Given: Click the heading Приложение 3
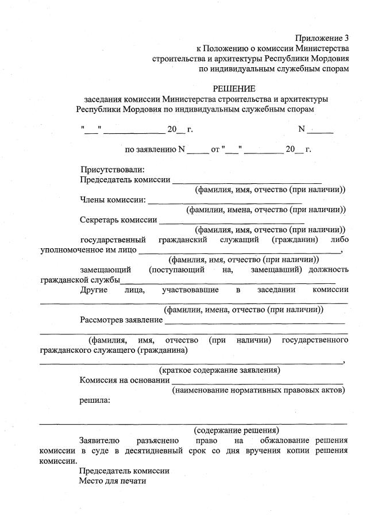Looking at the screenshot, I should [x=322, y=38].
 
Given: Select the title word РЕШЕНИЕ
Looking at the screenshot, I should [x=234, y=88].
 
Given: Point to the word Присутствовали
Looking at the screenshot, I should [x=112, y=170].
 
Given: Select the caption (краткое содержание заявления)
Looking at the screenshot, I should [x=219, y=369].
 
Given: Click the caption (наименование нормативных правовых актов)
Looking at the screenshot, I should [x=258, y=390].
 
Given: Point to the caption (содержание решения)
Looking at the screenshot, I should [x=236, y=430].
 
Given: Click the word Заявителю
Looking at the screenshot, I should [x=99, y=440].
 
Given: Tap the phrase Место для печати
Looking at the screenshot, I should [x=113, y=481].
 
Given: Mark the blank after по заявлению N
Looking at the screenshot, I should [x=198, y=151].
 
